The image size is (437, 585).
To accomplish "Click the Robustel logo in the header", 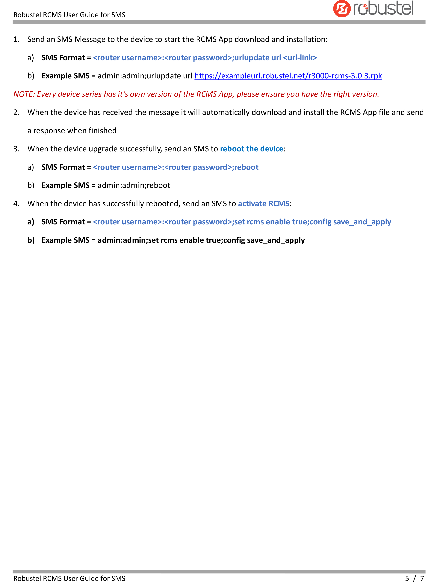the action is (x=373, y=9).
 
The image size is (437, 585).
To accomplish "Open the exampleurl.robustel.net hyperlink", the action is (x=288, y=76).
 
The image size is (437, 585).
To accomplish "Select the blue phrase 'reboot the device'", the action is (x=252, y=149).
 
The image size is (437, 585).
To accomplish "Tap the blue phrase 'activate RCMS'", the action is (x=264, y=203).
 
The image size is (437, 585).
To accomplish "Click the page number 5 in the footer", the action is (x=407, y=578).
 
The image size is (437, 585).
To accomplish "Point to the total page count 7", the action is (x=422, y=578).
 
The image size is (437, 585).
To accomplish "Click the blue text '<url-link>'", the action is (x=300, y=58).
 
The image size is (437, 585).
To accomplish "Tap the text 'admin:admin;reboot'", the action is (x=134, y=185).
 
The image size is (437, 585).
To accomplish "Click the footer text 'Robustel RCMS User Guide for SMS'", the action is (x=69, y=579).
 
